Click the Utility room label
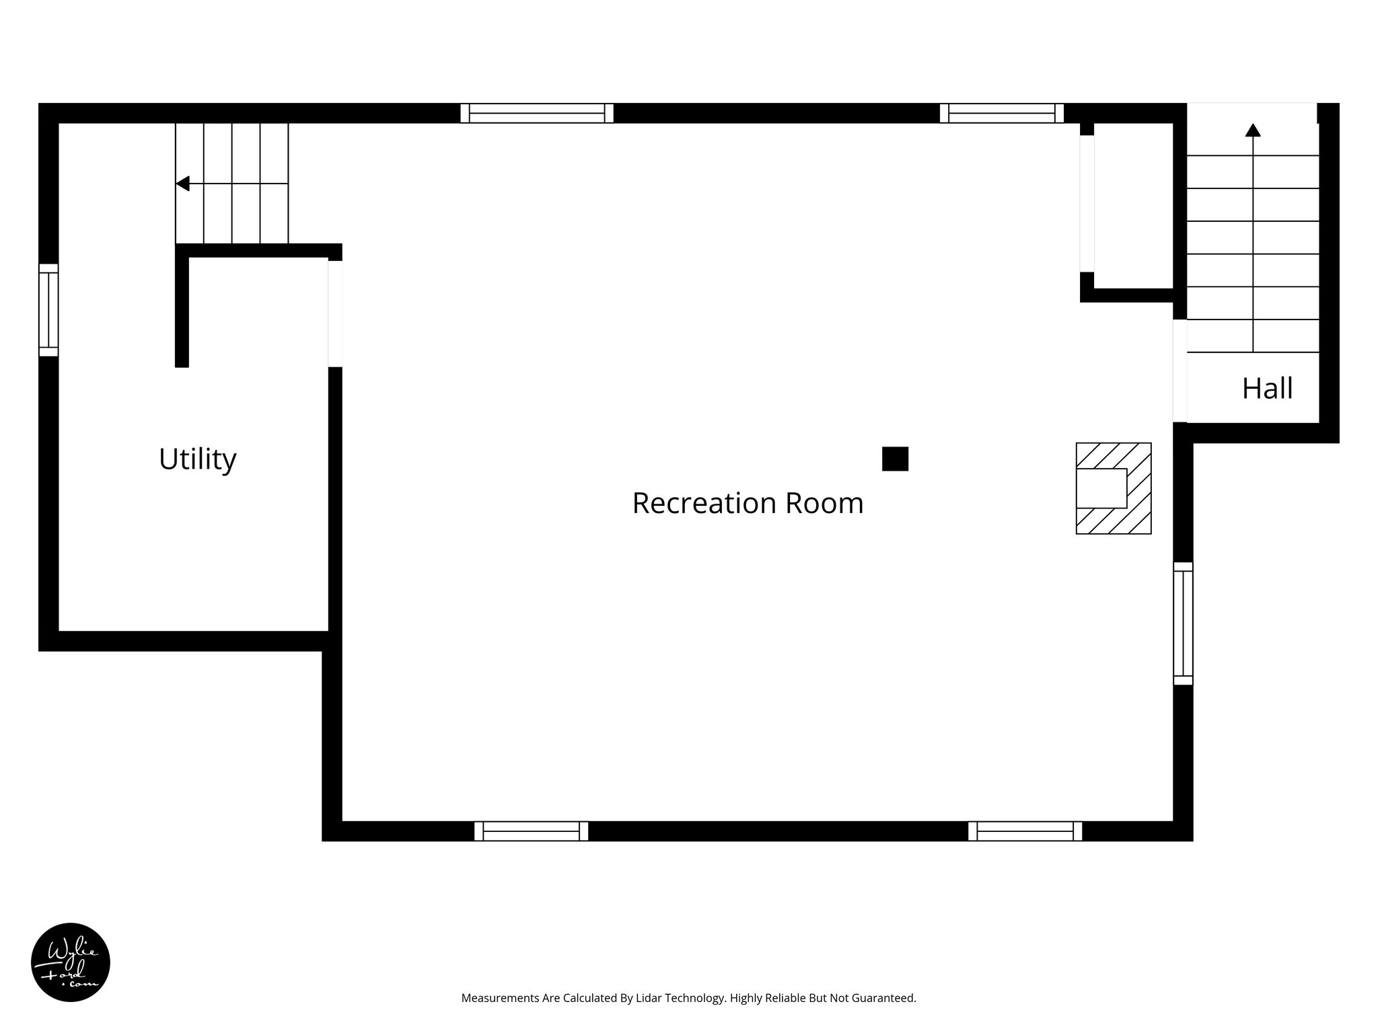tap(197, 459)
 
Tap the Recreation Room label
tap(747, 503)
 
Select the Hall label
tap(1267, 388)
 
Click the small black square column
tap(895, 459)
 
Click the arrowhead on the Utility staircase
tap(182, 184)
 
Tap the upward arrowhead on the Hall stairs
tap(1252, 130)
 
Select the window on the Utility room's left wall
tap(48, 310)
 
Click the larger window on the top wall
tap(537, 113)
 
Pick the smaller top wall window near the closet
tap(1001, 113)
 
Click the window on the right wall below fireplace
tap(1183, 623)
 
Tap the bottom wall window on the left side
tap(531, 831)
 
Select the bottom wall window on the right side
tap(1025, 831)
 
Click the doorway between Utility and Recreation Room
tap(335, 314)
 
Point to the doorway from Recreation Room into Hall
tap(1180, 371)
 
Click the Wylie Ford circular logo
tap(71, 962)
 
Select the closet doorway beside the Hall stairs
tap(1087, 204)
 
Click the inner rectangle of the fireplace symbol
tap(1101, 488)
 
